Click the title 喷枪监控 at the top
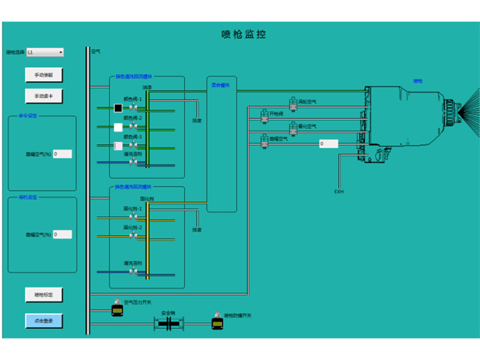[244, 35]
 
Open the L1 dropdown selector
[45, 52]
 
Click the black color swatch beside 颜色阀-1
[118, 108]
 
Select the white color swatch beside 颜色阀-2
[118, 127]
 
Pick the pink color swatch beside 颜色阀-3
[118, 146]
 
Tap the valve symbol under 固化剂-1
[133, 217]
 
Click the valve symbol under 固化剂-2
[133, 236]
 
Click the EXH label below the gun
[339, 192]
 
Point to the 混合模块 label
[220, 85]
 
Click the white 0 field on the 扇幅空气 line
[328, 144]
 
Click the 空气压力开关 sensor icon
[117, 308]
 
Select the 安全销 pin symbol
[169, 323]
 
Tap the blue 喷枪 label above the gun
[418, 80]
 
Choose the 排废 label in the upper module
[197, 120]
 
